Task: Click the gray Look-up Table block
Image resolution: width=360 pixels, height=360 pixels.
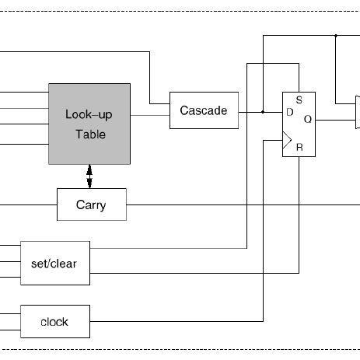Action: click(89, 123)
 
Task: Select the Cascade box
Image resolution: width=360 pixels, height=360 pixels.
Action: click(203, 110)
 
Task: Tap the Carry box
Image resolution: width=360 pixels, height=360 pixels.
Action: click(91, 205)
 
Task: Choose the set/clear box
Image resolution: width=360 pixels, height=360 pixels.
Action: click(54, 264)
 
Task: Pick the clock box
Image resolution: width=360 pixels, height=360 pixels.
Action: click(54, 321)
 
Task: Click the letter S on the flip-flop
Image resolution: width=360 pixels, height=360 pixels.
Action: click(299, 100)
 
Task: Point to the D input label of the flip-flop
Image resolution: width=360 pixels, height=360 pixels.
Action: click(289, 112)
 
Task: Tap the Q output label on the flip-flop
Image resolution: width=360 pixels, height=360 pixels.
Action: click(307, 120)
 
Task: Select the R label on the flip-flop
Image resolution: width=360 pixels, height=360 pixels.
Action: click(299, 146)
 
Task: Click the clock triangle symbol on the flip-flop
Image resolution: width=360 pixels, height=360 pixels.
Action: click(287, 141)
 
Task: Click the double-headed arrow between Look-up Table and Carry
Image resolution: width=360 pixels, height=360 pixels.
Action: click(90, 176)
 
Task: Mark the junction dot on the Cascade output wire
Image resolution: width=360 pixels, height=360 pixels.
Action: click(263, 111)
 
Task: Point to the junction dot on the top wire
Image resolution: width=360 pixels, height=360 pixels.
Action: click(335, 36)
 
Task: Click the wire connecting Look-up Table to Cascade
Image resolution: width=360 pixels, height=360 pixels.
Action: click(150, 115)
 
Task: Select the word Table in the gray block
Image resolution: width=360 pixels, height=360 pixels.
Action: click(90, 135)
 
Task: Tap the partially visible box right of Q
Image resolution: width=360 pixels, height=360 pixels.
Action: click(357, 113)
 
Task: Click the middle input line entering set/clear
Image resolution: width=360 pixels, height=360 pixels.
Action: click(10, 263)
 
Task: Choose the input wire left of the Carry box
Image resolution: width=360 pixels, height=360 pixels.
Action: click(28, 205)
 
